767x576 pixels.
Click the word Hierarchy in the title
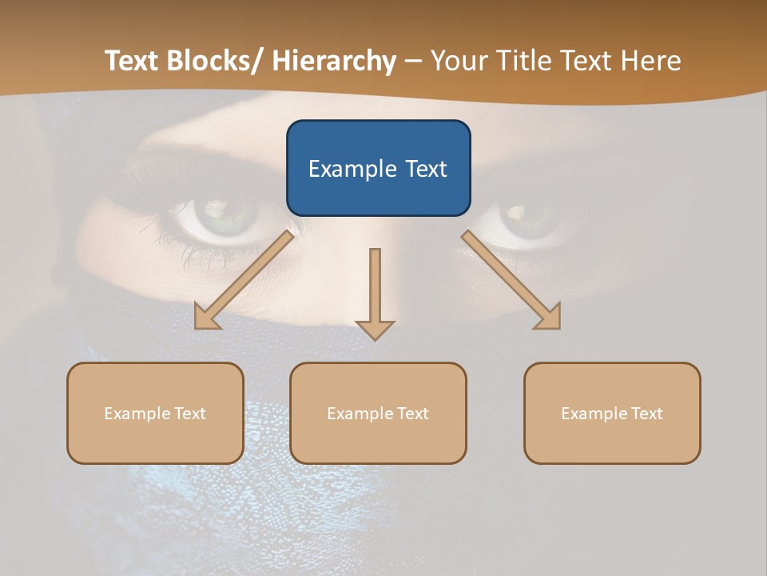point(334,61)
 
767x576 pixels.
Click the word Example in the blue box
point(352,169)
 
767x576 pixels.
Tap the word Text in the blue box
point(426,169)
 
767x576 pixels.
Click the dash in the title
point(413,61)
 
